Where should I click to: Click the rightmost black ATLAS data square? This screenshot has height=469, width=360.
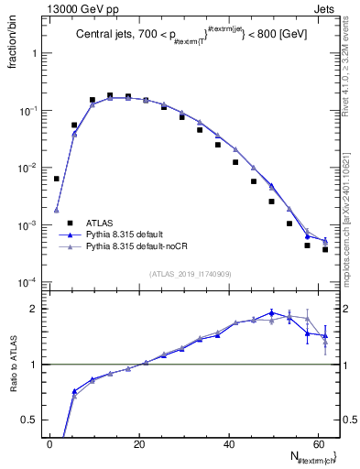325,249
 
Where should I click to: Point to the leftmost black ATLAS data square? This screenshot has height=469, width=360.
56,179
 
